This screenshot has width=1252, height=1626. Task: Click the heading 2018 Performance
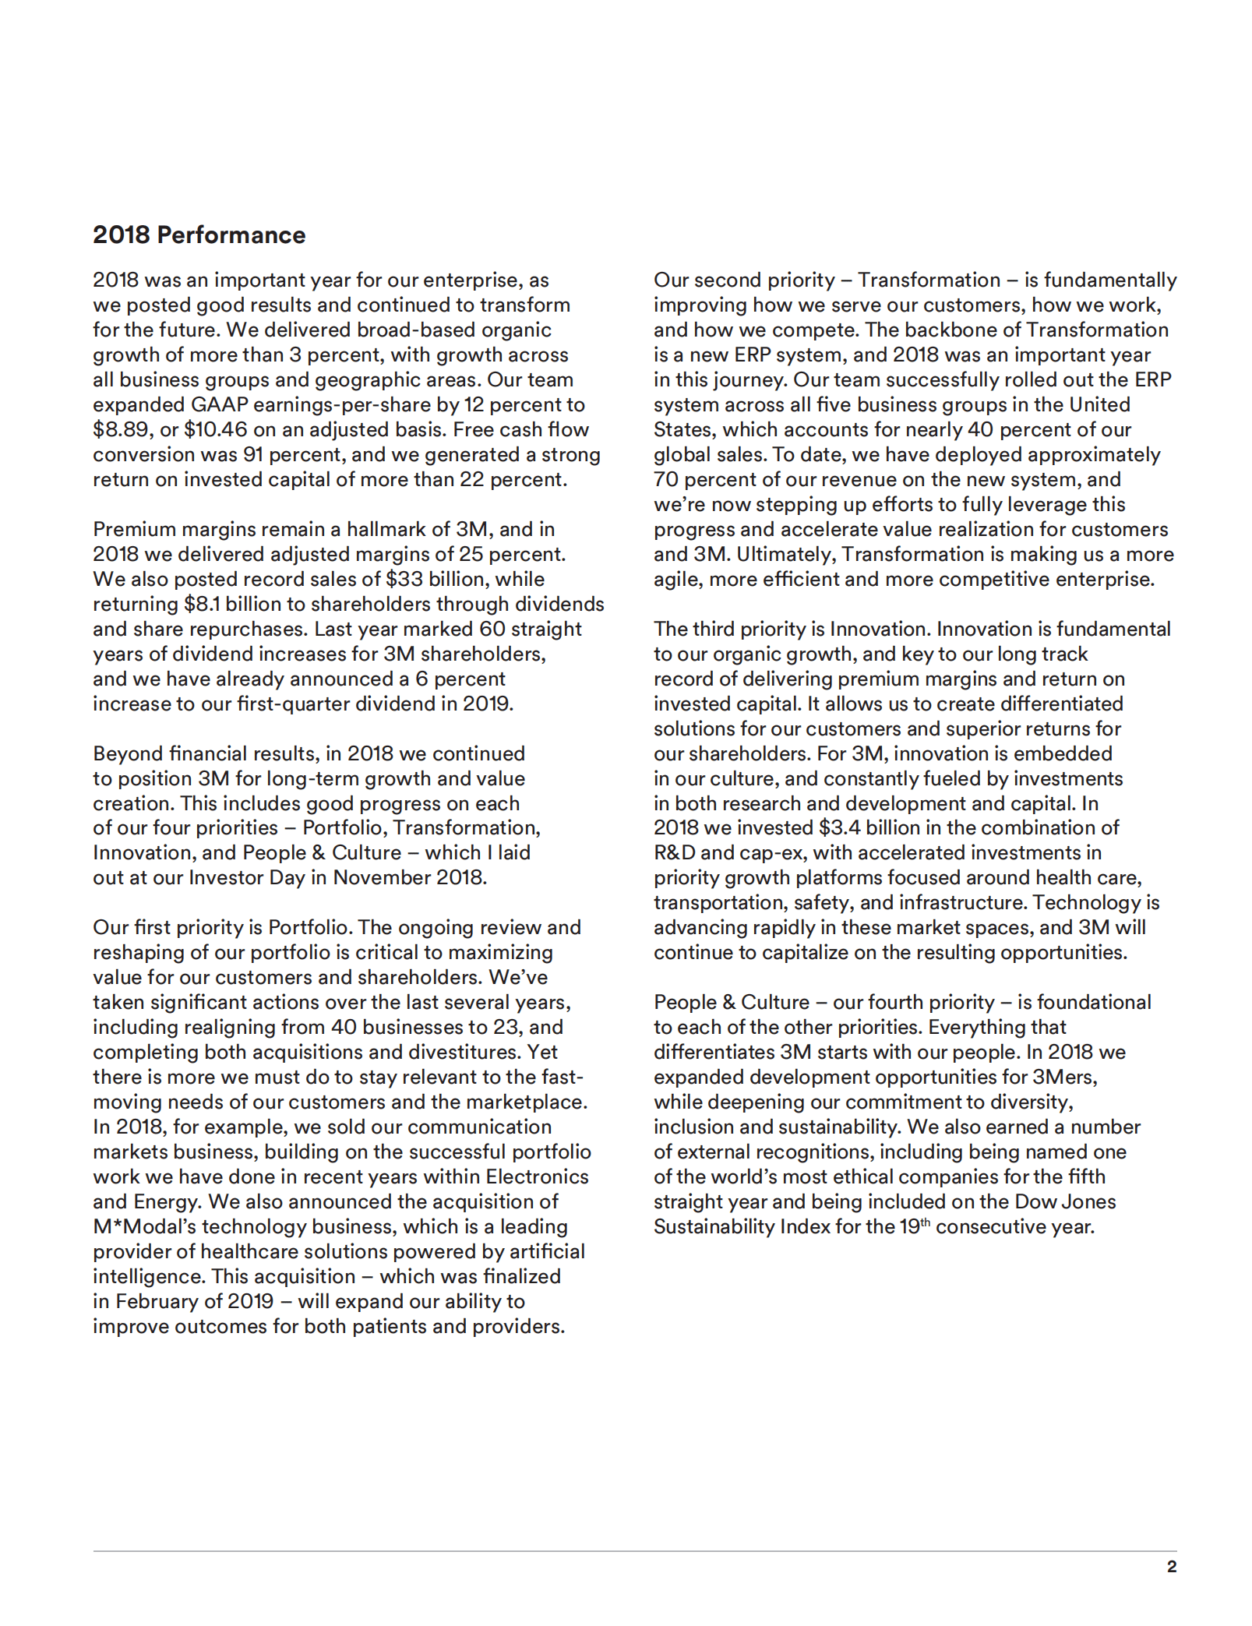tap(199, 235)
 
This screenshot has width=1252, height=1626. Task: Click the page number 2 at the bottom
tap(1172, 1567)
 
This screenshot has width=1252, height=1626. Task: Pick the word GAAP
tap(219, 404)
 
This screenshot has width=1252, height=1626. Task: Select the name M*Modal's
tap(147, 1226)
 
